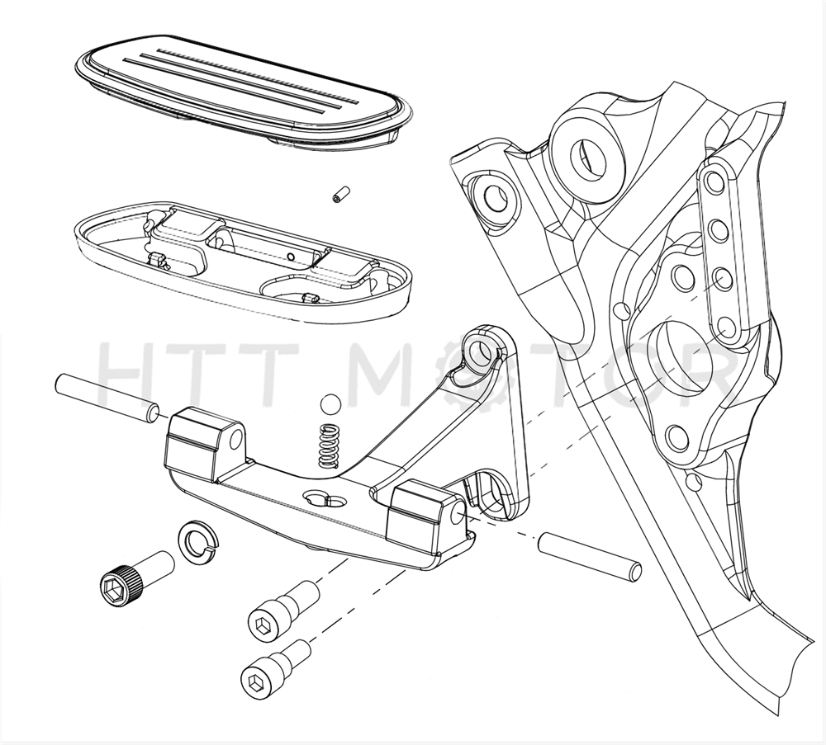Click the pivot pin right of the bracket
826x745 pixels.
click(590, 556)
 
